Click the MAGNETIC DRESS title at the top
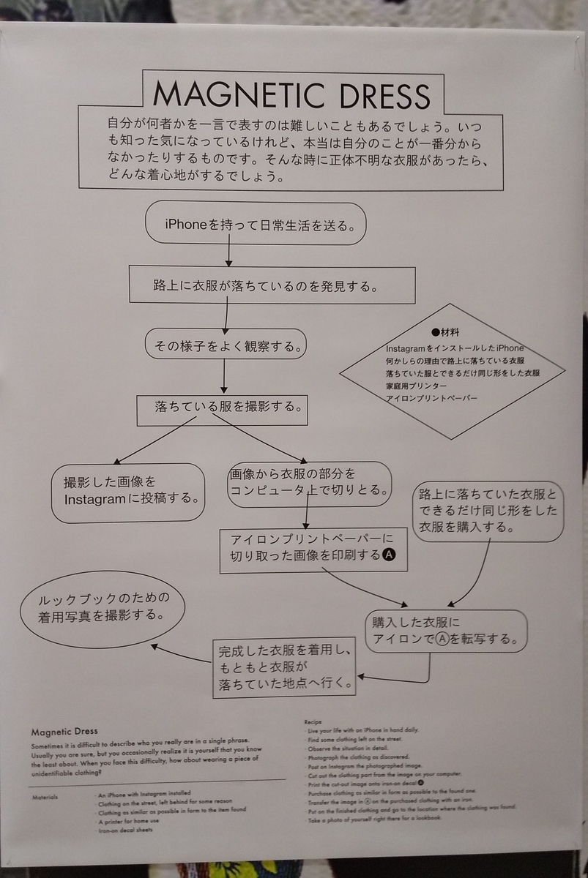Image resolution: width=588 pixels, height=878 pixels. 291,94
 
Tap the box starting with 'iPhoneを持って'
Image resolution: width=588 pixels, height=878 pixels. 256,223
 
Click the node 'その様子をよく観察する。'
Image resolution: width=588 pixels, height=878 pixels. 226,344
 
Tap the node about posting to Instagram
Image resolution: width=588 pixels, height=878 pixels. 129,492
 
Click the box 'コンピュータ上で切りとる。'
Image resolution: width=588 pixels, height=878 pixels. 308,482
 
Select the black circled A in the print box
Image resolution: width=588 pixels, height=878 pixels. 390,555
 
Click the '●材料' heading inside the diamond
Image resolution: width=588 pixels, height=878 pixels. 445,331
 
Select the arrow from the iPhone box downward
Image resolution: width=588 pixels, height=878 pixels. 229,254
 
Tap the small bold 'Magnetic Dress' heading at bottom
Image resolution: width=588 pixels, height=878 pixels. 64,731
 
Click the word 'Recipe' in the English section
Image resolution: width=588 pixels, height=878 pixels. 313,722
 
